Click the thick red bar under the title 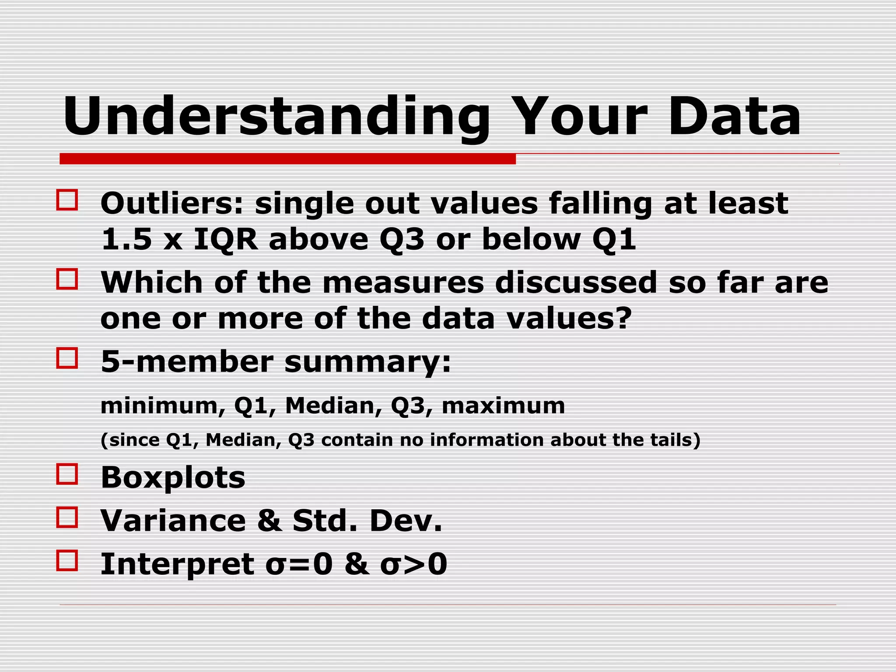pyautogui.click(x=287, y=159)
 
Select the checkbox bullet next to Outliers pyautogui.click(x=67, y=200)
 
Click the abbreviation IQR pyautogui.click(x=226, y=240)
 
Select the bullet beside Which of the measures pyautogui.click(x=67, y=279)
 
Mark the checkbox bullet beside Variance pyautogui.click(x=67, y=517)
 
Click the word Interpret pyautogui.click(x=177, y=564)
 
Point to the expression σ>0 pyautogui.click(x=414, y=564)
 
